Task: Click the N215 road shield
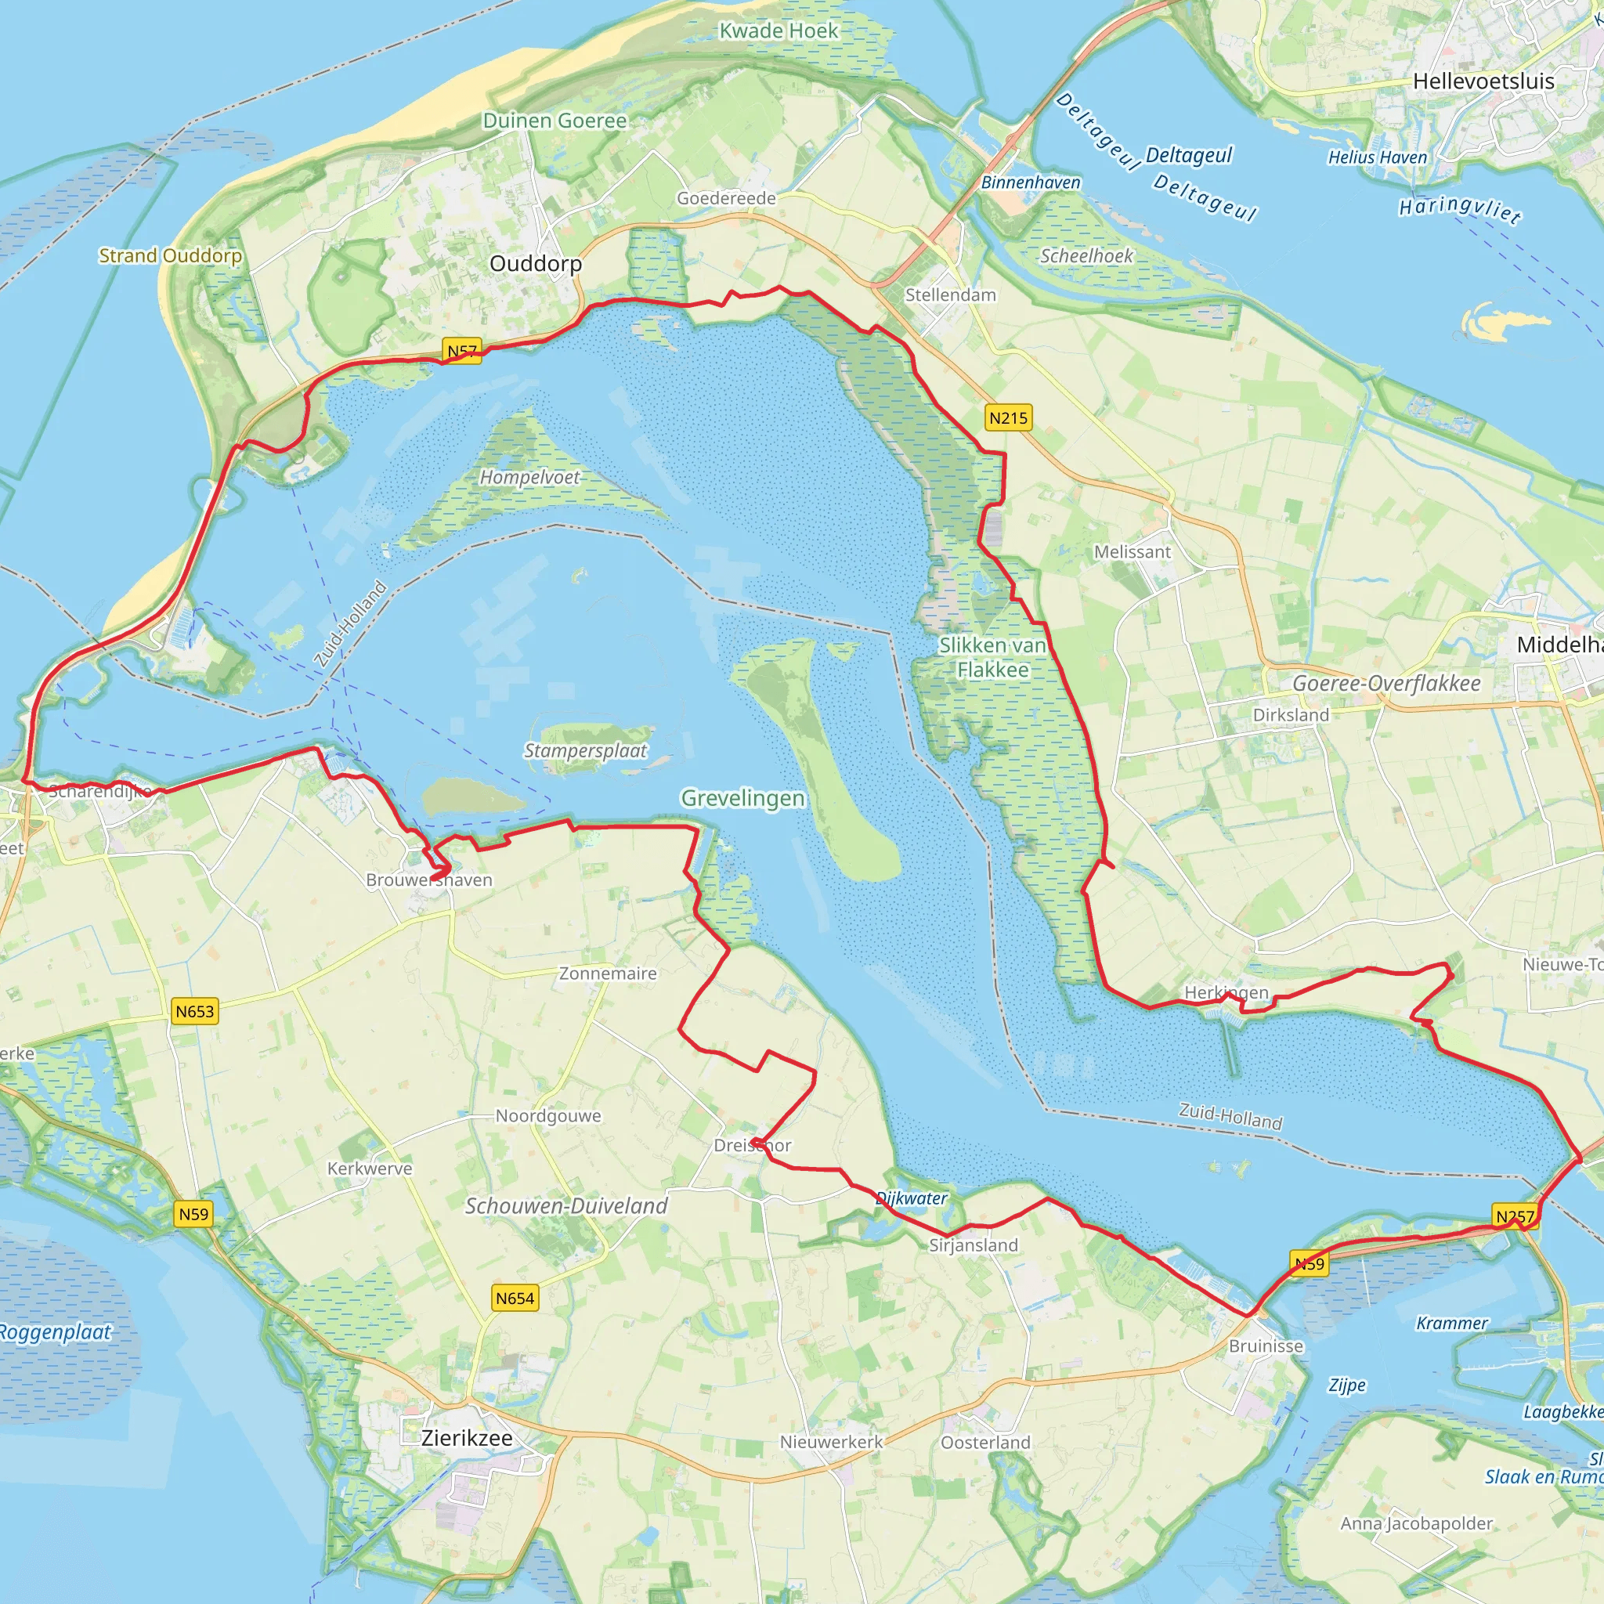[x=1008, y=417]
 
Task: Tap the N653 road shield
[x=195, y=1011]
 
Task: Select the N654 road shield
[x=515, y=1298]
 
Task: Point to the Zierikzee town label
[x=467, y=1438]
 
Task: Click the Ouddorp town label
[x=536, y=263]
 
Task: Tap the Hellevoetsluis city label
[x=1483, y=81]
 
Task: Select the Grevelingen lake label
[x=743, y=798]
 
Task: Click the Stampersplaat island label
[x=585, y=750]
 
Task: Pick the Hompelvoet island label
[x=529, y=478]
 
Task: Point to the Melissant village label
[x=1133, y=552]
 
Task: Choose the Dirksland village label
[x=1291, y=715]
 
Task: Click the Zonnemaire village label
[x=608, y=973]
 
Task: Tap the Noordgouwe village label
[x=548, y=1116]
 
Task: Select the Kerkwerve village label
[x=370, y=1168]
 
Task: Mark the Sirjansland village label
[x=973, y=1245]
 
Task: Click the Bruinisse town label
[x=1266, y=1346]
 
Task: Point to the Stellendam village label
[x=951, y=294]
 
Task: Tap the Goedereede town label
[x=727, y=198]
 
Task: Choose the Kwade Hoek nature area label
[x=779, y=31]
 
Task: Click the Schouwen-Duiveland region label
[x=566, y=1206]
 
